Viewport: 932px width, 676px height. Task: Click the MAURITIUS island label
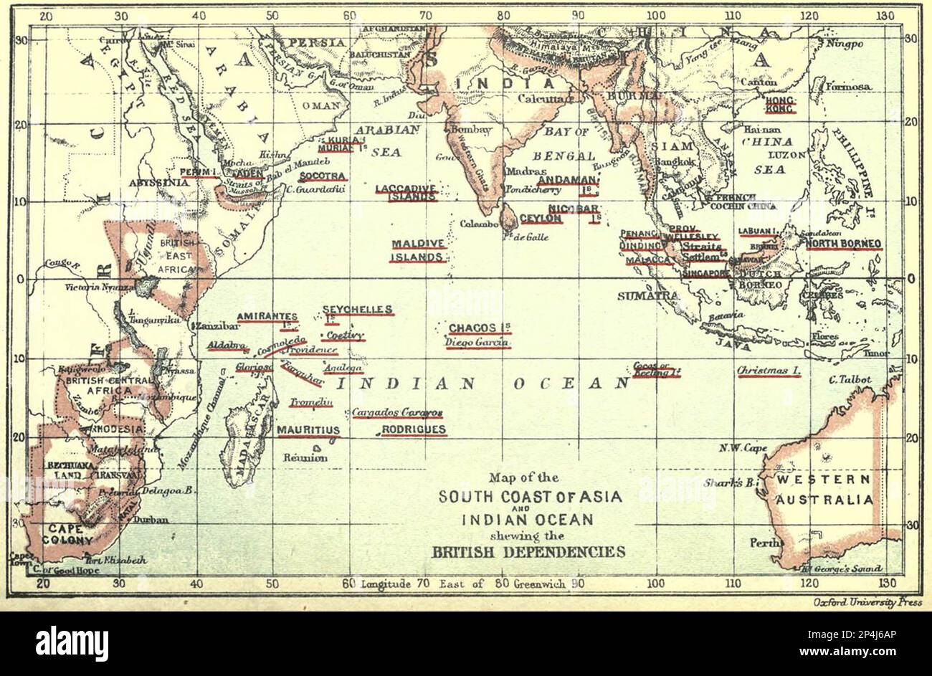(x=308, y=431)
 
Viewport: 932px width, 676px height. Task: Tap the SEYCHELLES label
(x=357, y=310)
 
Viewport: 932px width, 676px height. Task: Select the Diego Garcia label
(x=477, y=343)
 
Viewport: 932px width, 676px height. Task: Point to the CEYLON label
(x=541, y=218)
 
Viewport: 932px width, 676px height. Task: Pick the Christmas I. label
(x=769, y=371)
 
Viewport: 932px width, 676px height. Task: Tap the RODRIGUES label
(x=414, y=430)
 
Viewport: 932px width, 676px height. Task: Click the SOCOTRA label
(x=323, y=176)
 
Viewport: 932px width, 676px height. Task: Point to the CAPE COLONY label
(x=70, y=535)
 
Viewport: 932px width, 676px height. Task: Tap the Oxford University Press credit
(x=867, y=603)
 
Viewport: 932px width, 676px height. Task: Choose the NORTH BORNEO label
(x=843, y=244)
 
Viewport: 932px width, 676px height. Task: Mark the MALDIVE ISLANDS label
(x=418, y=250)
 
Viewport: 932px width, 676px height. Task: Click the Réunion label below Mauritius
(x=305, y=457)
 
